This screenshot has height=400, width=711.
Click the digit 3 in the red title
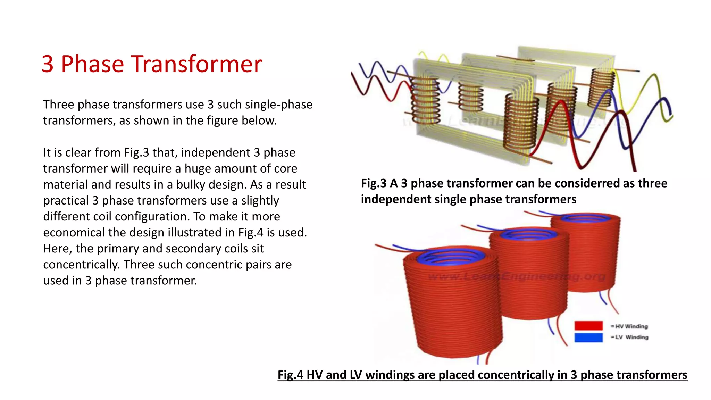(48, 64)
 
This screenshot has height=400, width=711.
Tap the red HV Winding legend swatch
(588, 326)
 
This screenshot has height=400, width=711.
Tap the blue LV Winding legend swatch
(588, 337)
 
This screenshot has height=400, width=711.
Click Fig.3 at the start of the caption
(373, 183)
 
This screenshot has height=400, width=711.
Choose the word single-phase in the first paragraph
(278, 105)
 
